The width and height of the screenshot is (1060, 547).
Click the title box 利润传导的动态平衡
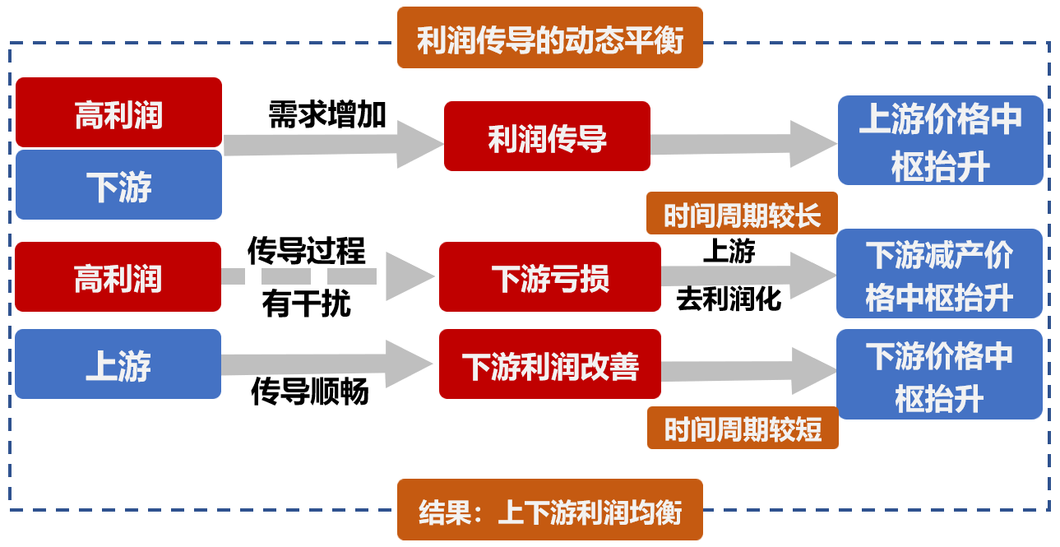pos(549,38)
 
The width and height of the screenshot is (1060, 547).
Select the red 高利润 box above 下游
pos(118,113)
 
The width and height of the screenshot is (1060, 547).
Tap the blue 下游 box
pos(118,185)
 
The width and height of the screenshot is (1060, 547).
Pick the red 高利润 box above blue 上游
pos(118,277)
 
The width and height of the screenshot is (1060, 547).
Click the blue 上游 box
pos(118,364)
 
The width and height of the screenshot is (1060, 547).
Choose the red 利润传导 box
pos(547,137)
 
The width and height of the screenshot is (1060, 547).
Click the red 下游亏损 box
pos(549,277)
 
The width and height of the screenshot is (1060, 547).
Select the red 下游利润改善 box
pos(549,364)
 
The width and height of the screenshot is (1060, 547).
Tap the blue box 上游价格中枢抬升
pos(940,141)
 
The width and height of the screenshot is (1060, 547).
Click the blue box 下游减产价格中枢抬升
pos(939,274)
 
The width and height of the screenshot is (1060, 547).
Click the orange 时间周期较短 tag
pos(743,428)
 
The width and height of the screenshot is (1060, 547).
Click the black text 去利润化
pos(729,298)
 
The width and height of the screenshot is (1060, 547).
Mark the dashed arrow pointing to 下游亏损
pos(329,276)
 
